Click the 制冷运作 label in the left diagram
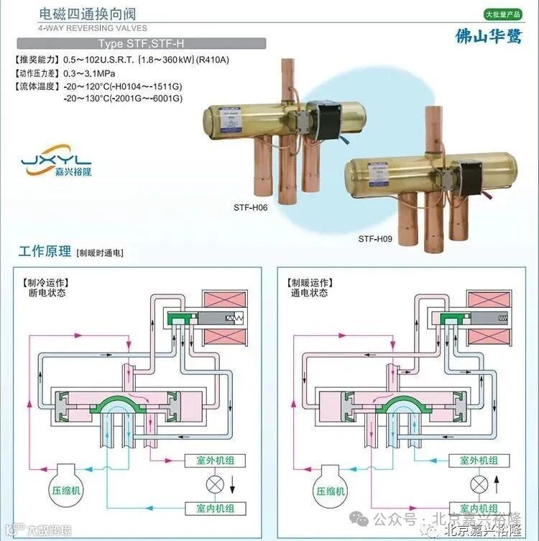point(46,283)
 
